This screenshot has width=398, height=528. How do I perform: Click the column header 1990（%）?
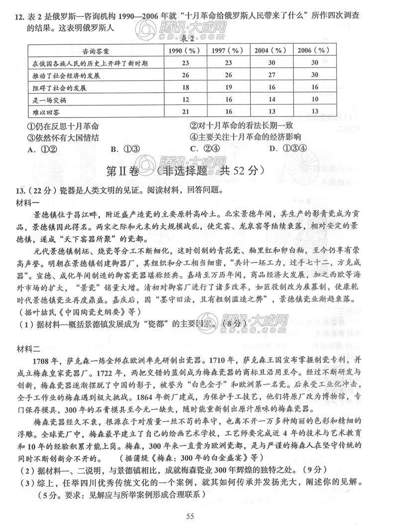[x=185, y=51]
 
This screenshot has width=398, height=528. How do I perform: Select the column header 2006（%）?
[x=314, y=51]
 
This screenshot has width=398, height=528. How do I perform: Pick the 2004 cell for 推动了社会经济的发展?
[x=271, y=75]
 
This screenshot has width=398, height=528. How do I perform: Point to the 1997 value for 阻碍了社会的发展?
[x=228, y=87]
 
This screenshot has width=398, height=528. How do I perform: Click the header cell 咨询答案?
[x=96, y=51]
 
